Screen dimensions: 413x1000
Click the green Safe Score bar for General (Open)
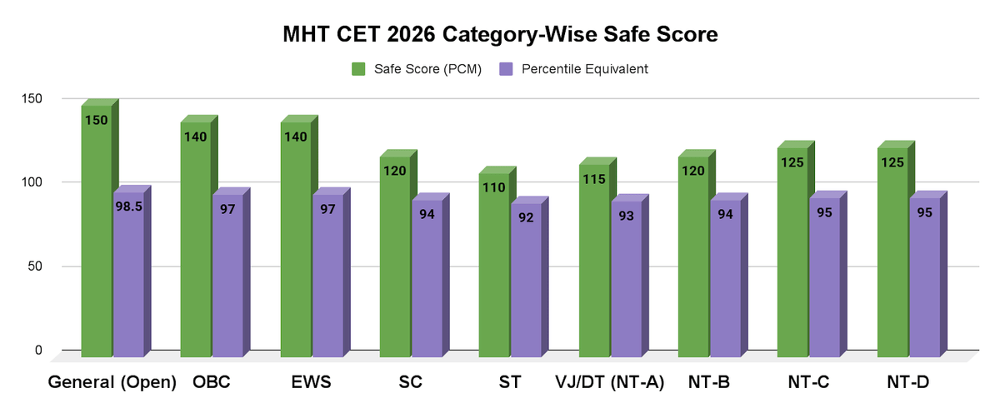(x=96, y=233)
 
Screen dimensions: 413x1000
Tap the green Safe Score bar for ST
(x=494, y=266)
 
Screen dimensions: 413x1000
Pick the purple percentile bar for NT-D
(x=924, y=279)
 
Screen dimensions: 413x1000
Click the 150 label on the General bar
(x=96, y=120)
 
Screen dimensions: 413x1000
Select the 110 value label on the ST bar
(x=494, y=187)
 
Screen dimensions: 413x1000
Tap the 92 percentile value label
(x=526, y=217)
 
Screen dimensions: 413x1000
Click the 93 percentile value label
(x=625, y=216)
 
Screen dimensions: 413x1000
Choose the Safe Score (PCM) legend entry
(x=417, y=69)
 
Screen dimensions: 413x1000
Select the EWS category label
(x=312, y=383)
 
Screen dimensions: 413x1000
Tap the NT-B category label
(x=710, y=383)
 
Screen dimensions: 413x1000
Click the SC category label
(x=411, y=383)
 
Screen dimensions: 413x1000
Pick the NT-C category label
(x=809, y=383)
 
